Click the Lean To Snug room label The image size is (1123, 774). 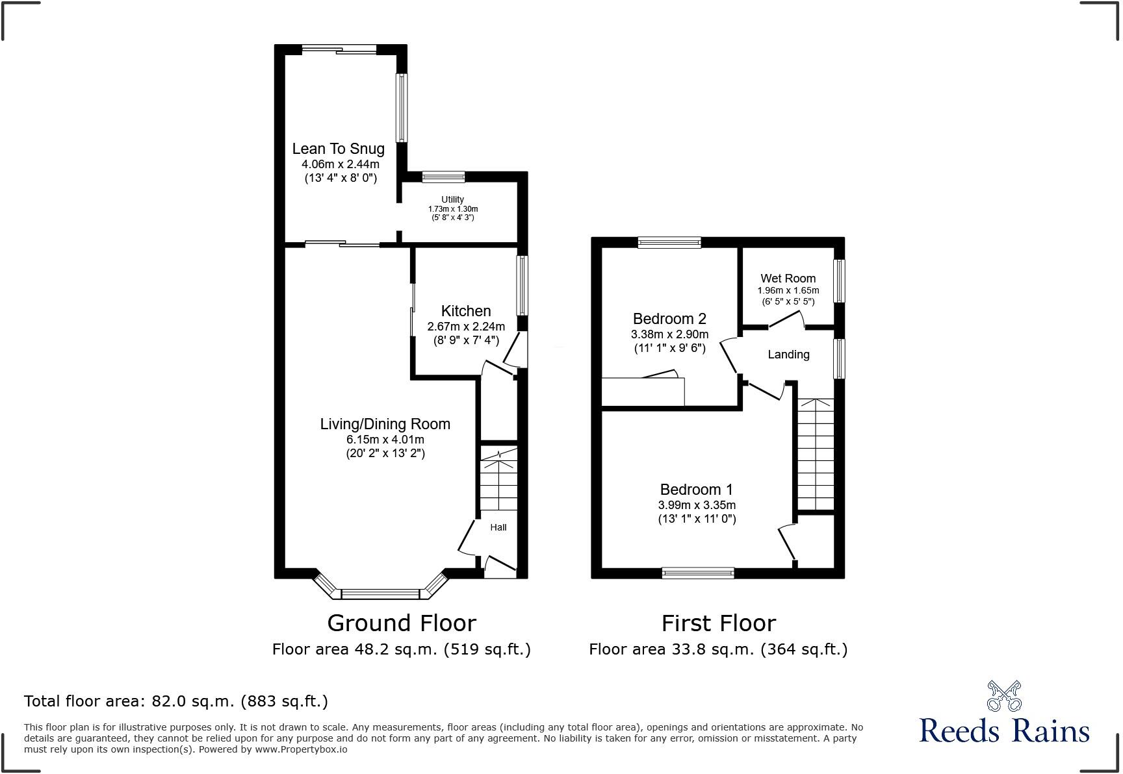point(338,149)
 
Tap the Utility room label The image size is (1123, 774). point(452,199)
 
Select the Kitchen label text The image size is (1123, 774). point(465,311)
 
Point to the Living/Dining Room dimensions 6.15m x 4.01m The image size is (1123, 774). point(385,440)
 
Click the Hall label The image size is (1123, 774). point(498,527)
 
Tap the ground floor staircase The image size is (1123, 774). point(498,484)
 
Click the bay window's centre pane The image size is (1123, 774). point(381,593)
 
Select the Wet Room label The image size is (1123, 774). point(788,279)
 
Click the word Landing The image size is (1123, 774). point(788,355)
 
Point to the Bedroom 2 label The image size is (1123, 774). point(669,319)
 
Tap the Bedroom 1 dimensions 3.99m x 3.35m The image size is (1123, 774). point(697,505)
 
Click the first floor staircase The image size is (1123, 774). point(815,455)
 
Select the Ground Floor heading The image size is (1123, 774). point(402,623)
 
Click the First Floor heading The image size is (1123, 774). point(718,623)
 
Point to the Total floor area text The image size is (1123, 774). point(175,701)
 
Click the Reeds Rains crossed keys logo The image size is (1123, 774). point(1003,695)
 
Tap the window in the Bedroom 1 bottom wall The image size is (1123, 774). point(698,573)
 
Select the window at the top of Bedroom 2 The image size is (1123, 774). point(669,242)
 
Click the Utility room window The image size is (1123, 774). point(443,177)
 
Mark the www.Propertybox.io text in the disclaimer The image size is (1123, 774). point(301,749)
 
